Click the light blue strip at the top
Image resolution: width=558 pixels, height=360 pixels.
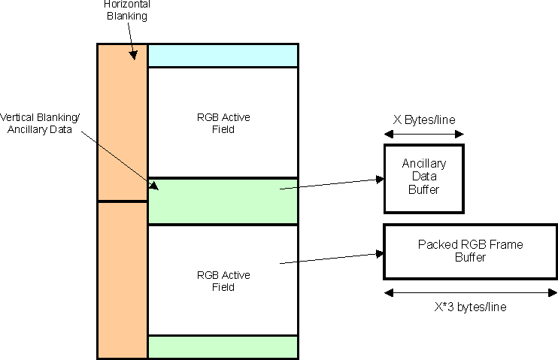tap(223, 56)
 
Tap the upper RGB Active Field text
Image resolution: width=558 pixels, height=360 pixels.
tap(223, 123)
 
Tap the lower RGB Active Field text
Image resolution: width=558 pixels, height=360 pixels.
tap(223, 280)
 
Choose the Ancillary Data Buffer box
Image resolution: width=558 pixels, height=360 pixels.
tap(423, 177)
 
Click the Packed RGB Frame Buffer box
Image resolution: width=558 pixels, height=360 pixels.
tap(470, 250)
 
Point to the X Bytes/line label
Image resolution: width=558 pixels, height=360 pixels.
tap(424, 119)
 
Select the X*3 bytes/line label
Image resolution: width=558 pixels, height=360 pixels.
tap(471, 309)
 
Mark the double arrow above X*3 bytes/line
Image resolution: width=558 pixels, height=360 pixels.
tap(471, 293)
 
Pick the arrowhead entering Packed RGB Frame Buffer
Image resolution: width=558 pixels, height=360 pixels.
tap(380, 253)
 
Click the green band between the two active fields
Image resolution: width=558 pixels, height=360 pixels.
tap(223, 201)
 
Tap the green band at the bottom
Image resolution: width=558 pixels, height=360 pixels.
tap(223, 346)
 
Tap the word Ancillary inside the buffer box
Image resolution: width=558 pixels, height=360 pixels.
tap(424, 163)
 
